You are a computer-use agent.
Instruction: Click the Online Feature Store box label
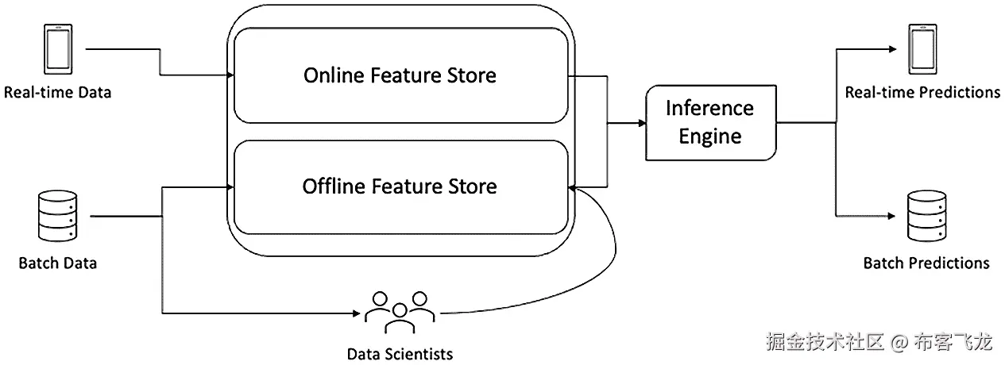tap(400, 75)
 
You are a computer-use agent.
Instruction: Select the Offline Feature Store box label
tap(400, 186)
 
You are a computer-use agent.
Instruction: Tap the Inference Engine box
tap(711, 122)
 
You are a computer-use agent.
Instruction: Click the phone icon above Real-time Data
tap(58, 49)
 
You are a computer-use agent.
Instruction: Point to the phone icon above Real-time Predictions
tap(922, 49)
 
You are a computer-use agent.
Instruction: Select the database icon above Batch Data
tap(57, 217)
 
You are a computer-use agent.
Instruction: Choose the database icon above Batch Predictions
tap(927, 217)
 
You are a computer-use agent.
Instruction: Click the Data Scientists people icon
tap(400, 312)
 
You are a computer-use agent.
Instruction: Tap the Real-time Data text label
tap(57, 92)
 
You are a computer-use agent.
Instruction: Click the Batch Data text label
tap(57, 263)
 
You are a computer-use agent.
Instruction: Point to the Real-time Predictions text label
tap(922, 92)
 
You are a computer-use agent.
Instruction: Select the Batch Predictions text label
tap(926, 263)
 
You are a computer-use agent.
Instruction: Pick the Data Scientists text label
tap(400, 354)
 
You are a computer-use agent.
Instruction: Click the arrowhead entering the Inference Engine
tap(642, 123)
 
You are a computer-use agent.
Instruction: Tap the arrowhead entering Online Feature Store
tap(230, 75)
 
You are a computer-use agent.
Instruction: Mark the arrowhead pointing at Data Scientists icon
tap(357, 313)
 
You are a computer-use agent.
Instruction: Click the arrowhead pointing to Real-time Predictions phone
tap(893, 49)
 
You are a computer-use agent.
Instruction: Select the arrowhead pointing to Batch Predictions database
tap(892, 216)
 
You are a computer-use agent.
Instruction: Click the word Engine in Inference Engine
tap(710, 136)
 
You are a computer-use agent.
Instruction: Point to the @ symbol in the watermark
tap(899, 343)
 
